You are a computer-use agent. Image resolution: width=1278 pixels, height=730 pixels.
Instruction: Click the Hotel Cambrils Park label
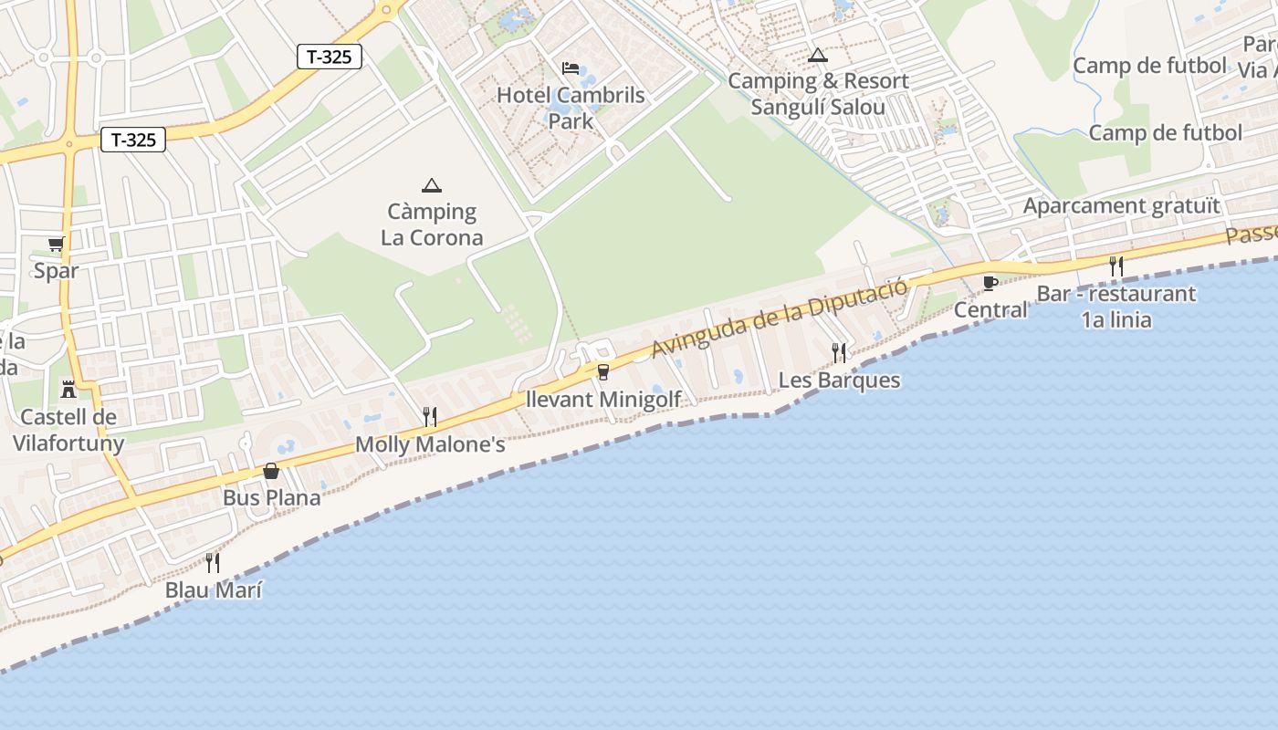click(571, 108)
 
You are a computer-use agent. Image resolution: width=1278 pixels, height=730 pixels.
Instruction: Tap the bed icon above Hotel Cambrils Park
click(571, 68)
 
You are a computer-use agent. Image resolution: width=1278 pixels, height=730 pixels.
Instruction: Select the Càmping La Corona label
click(432, 224)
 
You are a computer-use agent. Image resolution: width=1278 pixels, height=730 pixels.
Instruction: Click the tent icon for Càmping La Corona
click(432, 185)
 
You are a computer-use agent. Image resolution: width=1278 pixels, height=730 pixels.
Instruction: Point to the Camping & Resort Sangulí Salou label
click(818, 94)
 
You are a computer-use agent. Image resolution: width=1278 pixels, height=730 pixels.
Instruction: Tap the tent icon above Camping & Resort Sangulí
click(818, 55)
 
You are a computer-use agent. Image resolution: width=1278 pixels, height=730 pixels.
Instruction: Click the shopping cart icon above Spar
click(57, 244)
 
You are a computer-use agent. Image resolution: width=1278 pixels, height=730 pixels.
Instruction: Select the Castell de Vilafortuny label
click(68, 431)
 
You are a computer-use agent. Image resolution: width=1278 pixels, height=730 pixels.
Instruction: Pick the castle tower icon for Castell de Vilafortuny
click(68, 390)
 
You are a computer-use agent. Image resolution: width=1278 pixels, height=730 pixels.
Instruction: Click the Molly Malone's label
click(430, 445)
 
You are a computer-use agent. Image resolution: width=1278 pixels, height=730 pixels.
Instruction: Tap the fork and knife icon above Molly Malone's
click(430, 417)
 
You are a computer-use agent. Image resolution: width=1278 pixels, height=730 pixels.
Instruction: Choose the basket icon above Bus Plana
click(271, 471)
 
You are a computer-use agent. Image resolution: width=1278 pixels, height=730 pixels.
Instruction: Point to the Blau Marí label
click(214, 590)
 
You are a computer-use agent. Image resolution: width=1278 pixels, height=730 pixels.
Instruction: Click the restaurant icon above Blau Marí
click(213, 562)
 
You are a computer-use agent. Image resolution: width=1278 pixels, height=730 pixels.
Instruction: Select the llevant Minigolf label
click(604, 400)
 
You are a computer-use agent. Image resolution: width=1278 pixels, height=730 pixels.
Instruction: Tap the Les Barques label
click(840, 381)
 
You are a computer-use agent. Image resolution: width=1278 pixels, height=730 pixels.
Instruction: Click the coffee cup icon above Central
click(990, 283)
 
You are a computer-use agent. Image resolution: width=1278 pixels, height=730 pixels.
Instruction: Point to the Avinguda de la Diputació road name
click(780, 318)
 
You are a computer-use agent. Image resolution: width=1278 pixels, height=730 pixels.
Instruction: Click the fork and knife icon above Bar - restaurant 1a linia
click(1116, 266)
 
